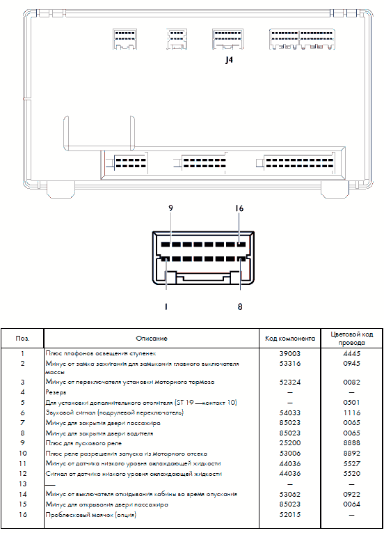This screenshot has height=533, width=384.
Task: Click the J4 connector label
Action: coord(229,60)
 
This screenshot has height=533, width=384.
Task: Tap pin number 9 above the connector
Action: coord(170,208)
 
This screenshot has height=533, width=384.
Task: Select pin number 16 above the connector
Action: coord(239,208)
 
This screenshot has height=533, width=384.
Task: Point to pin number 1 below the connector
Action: coord(166,307)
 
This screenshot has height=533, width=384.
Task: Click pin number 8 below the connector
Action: coord(240,307)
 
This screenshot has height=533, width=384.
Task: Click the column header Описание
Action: coord(152,338)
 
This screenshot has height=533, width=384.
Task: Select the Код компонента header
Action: coord(290,339)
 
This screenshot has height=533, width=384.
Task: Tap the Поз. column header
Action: coord(22,338)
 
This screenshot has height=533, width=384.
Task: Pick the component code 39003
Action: coord(290,353)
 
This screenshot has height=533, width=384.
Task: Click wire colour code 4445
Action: coord(351,353)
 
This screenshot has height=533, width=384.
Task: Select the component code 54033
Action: coord(290,412)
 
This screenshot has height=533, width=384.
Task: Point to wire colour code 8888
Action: coord(351,443)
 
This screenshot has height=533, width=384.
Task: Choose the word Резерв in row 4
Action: coord(56,392)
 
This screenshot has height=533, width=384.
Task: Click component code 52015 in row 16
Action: coord(290,515)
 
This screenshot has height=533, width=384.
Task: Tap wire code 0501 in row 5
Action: coord(351,403)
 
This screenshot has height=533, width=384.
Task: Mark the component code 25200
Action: coord(290,443)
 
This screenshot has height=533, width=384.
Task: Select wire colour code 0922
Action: coord(351,494)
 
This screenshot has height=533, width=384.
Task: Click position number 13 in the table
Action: coord(22,484)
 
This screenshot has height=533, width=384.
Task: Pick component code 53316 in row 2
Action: coord(290,364)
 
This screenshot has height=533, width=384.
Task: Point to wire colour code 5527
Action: coord(351,463)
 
